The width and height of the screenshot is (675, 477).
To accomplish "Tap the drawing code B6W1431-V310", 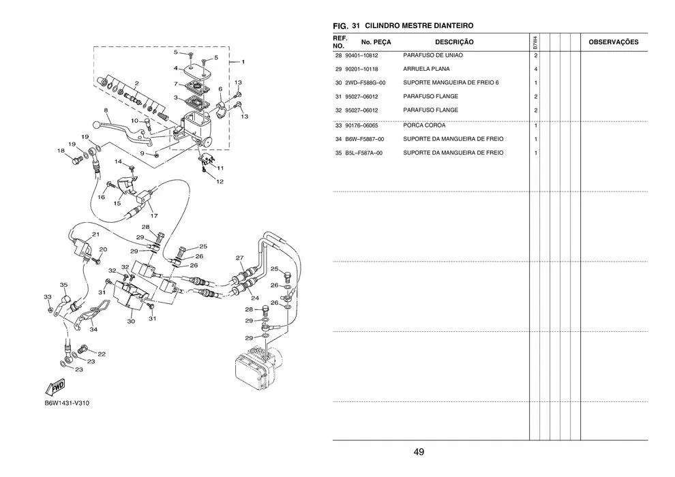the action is coord(67,403).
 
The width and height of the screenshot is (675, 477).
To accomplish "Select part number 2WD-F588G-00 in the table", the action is coord(365,82).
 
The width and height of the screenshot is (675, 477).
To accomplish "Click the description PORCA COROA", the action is coord(425,125).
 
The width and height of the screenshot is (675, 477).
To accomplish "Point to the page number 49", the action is coord(419,452).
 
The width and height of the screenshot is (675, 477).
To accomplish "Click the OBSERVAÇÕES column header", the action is coord(614,42).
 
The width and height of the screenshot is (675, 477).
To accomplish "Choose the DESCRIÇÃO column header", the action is coord(454,42).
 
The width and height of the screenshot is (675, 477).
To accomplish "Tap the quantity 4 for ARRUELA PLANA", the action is coord(536,69).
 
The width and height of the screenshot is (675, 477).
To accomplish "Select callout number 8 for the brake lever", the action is coord(106,110).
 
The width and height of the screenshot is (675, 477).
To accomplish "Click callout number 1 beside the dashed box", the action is coord(243,62).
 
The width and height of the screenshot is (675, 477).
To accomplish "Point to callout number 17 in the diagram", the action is coord(153,215).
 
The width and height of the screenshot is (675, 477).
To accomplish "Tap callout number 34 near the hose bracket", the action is coord(93,329).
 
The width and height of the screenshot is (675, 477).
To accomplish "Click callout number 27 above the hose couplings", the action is coord(240,258).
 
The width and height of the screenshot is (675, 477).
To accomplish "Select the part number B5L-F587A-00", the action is coord(364,153).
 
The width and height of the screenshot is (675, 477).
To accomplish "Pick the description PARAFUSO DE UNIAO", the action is coord(433,55).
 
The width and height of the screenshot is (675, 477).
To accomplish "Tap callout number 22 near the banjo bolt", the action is coord(102,354).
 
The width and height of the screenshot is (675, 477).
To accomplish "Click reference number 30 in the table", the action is coord(338,82).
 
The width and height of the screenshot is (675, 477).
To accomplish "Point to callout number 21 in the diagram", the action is coord(95,234).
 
